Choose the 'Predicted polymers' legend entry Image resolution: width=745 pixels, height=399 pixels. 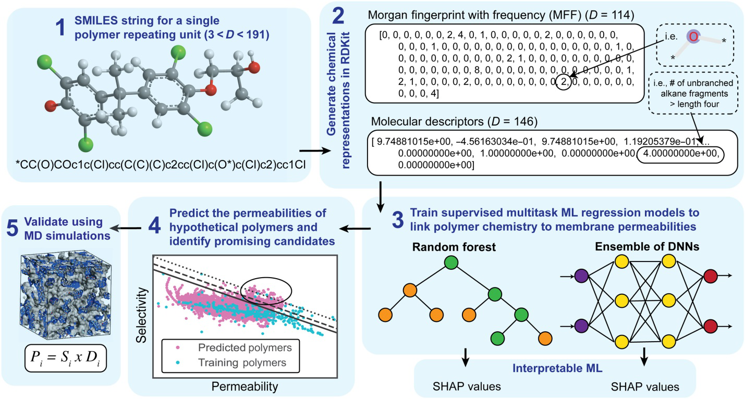(230, 346)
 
